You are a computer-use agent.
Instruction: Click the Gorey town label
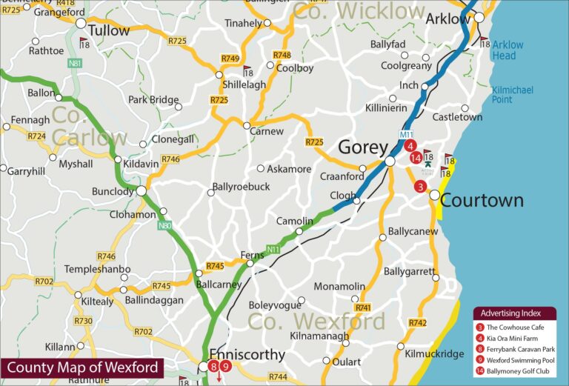pos(363,147)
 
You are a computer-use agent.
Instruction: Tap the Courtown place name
pos(482,200)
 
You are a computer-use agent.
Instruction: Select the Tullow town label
pos(108,30)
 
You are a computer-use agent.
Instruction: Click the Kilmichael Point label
pos(513,95)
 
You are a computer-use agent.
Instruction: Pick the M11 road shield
pos(405,134)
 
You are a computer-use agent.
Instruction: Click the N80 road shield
pos(165,224)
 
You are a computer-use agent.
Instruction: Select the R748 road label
pos(282,56)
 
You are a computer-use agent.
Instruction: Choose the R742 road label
pos(418,322)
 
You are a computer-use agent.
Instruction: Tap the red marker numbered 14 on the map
pos(416,157)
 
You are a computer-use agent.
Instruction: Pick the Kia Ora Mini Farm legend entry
pos(515,338)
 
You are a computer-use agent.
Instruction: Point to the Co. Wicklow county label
pos(359,10)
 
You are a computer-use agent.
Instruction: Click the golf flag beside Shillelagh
pos(247,70)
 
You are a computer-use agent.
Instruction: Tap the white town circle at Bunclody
pos(141,191)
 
